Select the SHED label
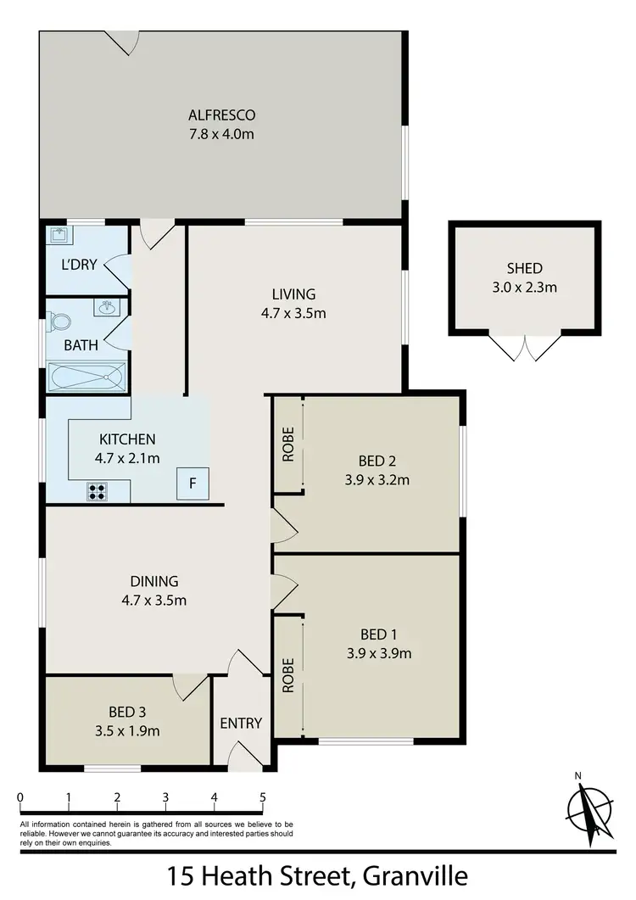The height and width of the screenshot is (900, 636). coord(525,269)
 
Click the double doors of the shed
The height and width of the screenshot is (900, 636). coord(526,346)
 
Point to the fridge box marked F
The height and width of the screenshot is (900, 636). coord(192,484)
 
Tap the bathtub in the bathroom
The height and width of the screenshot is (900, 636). coord(88,376)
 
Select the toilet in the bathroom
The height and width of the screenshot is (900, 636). coord(60,322)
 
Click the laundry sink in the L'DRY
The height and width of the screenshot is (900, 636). coord(59,235)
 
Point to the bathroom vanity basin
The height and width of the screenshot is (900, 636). coord(107,307)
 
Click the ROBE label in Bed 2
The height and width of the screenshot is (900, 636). coord(287,444)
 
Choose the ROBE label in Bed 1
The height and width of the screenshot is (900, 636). coord(287,675)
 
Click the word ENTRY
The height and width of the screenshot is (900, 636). coord(241,724)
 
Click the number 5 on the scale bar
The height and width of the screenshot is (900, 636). coord(263,797)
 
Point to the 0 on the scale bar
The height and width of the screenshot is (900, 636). coord(20,797)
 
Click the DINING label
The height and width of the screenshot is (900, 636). coord(154,582)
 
